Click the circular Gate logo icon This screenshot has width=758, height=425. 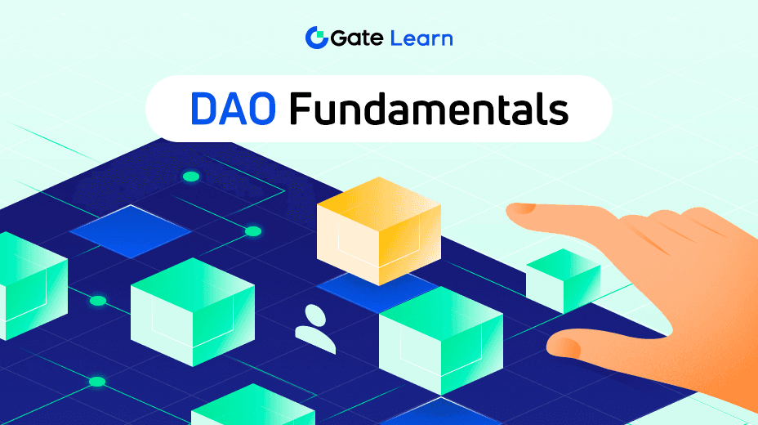tap(317, 38)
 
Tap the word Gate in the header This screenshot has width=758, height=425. tap(357, 38)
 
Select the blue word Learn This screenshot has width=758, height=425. tap(421, 38)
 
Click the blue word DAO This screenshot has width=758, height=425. tap(233, 109)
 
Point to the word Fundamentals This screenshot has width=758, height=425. tap(429, 109)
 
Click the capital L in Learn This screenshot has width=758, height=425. tap(396, 38)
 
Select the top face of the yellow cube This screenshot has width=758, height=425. tap(379, 202)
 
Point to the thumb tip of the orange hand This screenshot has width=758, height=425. tap(555, 344)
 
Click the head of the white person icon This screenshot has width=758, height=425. tap(315, 315)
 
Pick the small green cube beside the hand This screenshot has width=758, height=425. tap(563, 280)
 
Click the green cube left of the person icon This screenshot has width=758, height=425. tap(193, 312)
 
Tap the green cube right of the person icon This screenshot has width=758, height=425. tap(441, 340)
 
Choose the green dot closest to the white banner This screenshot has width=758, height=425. tap(191, 177)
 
